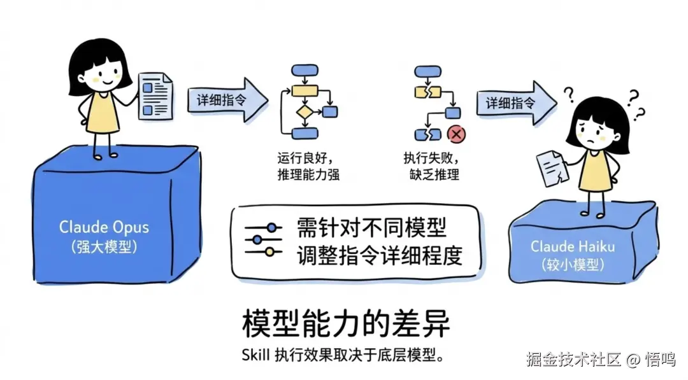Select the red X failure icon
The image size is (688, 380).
[x=456, y=134]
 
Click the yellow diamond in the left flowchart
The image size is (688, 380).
[x=305, y=113]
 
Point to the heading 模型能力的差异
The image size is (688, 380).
[x=346, y=323]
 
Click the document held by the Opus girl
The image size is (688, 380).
[x=155, y=94]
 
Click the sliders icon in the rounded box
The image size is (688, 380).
[x=262, y=239]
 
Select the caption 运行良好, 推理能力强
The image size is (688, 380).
[x=308, y=165]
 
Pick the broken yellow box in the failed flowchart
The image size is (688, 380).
[x=424, y=92]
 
